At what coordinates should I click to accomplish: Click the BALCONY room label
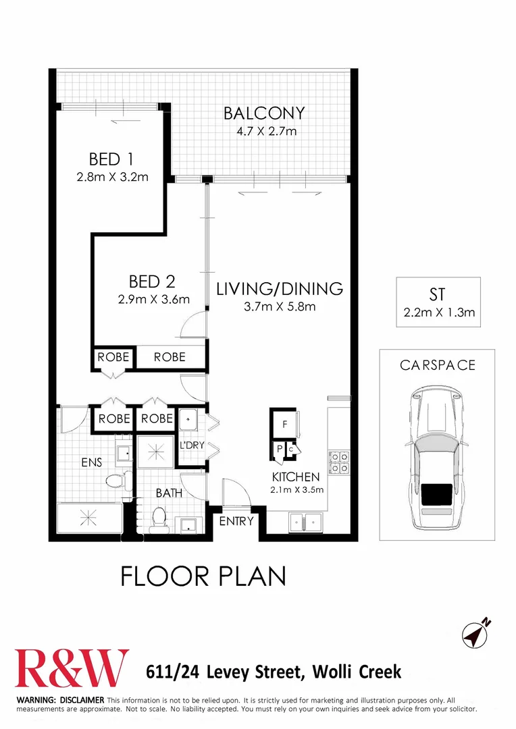pyautogui.click(x=265, y=113)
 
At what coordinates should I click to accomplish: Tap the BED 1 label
pyautogui.click(x=111, y=160)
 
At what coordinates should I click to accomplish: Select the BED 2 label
pyautogui.click(x=153, y=281)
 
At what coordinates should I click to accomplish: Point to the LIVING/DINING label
pyautogui.click(x=280, y=290)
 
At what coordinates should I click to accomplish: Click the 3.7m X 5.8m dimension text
pyautogui.click(x=280, y=307)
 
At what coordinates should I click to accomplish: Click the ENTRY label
pyautogui.click(x=236, y=521)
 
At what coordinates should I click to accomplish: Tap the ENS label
pyautogui.click(x=91, y=462)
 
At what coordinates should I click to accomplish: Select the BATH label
pyautogui.click(x=169, y=493)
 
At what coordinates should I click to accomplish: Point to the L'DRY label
pyautogui.click(x=190, y=446)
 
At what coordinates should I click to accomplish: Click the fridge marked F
pyautogui.click(x=286, y=425)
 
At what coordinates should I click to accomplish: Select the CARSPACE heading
pyautogui.click(x=437, y=365)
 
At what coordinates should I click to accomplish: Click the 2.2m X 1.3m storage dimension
pyautogui.click(x=438, y=313)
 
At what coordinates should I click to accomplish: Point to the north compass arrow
pyautogui.click(x=476, y=633)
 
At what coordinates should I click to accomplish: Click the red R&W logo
pyautogui.click(x=72, y=668)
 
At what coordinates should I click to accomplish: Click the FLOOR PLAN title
pyautogui.click(x=203, y=576)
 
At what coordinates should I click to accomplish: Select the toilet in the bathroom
pyautogui.click(x=160, y=518)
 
